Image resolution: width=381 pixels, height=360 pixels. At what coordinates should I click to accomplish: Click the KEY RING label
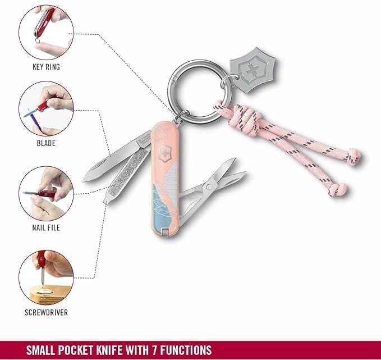46,67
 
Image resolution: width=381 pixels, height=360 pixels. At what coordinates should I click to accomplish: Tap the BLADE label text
46,143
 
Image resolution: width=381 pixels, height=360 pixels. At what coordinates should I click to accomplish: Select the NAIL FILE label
46,227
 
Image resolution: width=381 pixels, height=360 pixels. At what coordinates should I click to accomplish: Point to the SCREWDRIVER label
46,313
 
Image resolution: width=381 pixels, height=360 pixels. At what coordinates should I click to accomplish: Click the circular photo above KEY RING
46,33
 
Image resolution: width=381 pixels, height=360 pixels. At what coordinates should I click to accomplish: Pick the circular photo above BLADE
46,109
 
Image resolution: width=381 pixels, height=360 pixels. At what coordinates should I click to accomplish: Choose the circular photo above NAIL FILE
46,194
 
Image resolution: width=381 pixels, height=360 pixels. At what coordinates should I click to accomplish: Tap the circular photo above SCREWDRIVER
46,277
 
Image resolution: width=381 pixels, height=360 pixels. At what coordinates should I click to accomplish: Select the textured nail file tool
126,176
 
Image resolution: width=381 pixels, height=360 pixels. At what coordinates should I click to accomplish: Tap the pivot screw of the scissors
209,187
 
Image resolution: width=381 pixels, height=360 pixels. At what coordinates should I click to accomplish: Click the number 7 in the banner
155,350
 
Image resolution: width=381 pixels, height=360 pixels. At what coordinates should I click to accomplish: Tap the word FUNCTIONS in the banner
186,350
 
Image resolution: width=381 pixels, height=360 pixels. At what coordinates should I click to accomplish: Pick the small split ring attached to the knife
182,117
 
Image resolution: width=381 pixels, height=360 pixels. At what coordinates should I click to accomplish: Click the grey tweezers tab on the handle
165,233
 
